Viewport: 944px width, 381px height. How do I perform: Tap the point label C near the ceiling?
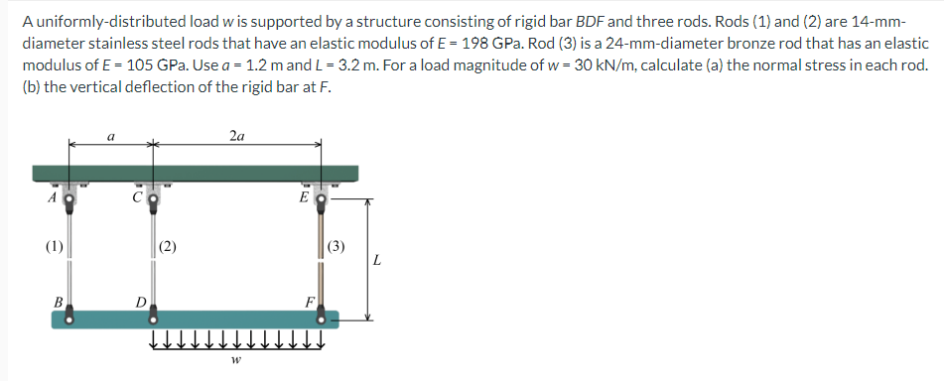click(140, 195)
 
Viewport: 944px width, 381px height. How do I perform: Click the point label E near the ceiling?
click(305, 195)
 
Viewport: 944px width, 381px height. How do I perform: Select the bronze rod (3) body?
click(323, 258)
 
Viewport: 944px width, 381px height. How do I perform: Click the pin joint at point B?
click(69, 317)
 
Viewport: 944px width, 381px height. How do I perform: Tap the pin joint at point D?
click(153, 317)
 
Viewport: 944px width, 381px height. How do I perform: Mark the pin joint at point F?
click(322, 317)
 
